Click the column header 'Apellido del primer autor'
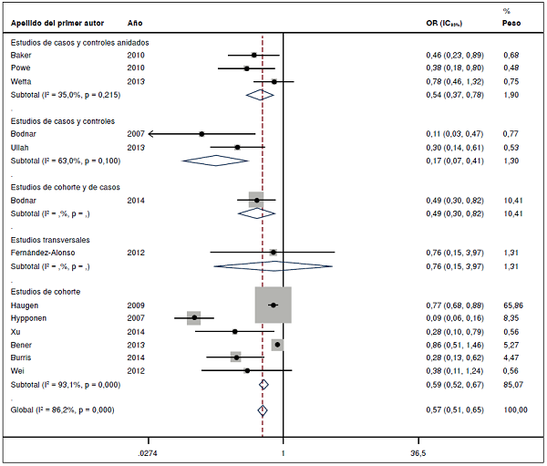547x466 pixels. tap(53, 21)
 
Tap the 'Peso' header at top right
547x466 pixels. tap(512, 21)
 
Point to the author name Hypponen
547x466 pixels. tap(28, 318)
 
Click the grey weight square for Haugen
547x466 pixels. tap(273, 305)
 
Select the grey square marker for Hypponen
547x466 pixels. tap(193, 317)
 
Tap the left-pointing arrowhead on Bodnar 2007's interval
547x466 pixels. tap(153, 134)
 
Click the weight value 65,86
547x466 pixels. tap(514, 305)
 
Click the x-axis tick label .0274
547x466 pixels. tap(148, 453)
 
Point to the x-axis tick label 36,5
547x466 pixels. tap(418, 453)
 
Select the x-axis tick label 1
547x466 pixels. tap(284, 453)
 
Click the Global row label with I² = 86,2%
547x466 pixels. tap(62, 410)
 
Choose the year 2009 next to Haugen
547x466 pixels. tap(136, 305)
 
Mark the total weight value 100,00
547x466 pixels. tap(515, 410)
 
